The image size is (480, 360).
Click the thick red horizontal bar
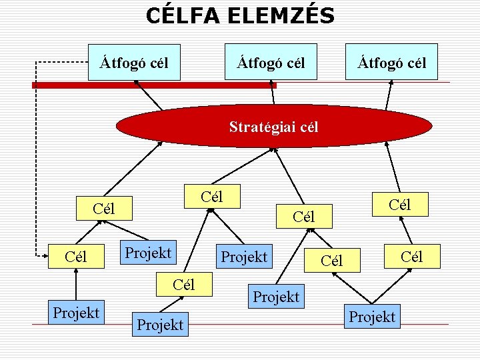click(153, 85)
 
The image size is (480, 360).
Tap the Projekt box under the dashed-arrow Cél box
click(77, 312)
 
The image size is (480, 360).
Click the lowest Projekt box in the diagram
click(160, 325)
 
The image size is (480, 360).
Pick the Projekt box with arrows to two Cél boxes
click(372, 317)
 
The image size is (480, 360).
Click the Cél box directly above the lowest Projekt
click(183, 285)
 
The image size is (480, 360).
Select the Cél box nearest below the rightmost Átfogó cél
click(399, 205)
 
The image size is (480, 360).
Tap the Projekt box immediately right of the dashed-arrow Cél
click(147, 253)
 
